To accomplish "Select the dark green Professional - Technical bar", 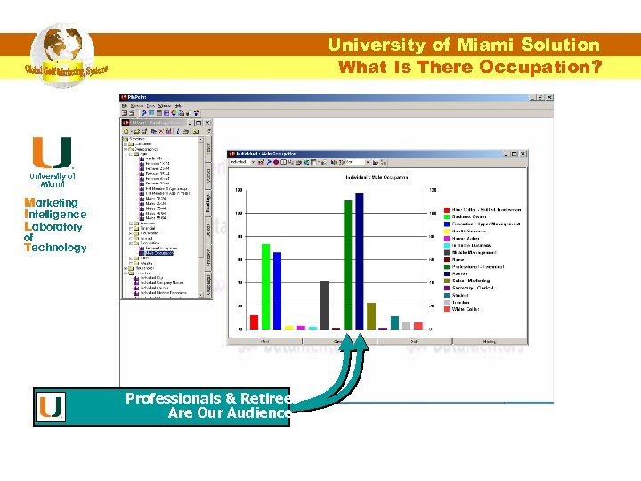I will (348, 265).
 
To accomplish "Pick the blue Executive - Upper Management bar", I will (277, 290).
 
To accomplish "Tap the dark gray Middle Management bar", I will (324, 306).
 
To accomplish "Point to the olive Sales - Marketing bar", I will (371, 315).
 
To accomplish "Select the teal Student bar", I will (394, 322).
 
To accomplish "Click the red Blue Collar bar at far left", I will (254, 322).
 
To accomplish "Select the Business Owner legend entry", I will (473, 216).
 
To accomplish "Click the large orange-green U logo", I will (52, 152).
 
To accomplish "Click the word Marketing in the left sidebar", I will (51, 202).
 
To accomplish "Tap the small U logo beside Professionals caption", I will (51, 407).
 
